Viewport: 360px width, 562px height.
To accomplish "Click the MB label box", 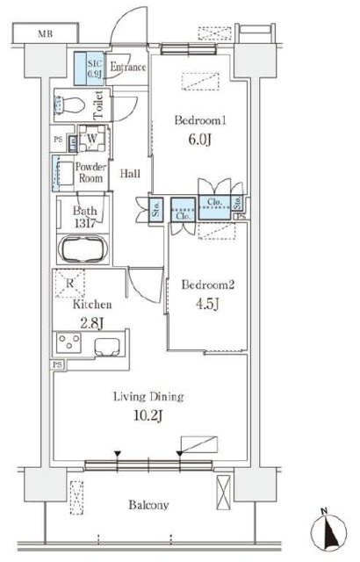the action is pos(46,33).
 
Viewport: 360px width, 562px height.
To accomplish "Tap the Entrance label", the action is pos(128,67).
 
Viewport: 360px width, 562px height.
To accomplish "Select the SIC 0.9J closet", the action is pos(90,68).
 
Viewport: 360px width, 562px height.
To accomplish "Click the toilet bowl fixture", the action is pos(69,105).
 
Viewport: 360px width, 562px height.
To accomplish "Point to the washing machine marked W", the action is pos(92,139).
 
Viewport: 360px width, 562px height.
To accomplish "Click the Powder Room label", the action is pos(90,172).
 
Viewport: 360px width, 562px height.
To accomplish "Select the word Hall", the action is pos(130,174).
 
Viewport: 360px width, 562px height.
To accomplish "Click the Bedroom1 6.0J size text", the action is pos(200,140).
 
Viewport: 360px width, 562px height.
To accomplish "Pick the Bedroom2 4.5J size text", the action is pos(207,304).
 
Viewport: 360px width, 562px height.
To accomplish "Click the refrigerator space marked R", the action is pos(69,283).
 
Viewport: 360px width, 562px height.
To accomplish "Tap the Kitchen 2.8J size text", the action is pos(91,323).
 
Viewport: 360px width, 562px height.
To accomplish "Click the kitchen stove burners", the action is pos(68,342).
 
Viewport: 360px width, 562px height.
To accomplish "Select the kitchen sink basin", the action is pos(107,346).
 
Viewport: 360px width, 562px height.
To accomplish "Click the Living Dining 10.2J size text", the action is pos(148,415).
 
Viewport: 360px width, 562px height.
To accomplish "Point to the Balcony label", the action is pos(148,505).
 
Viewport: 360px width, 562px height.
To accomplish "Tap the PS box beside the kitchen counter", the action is pos(57,365).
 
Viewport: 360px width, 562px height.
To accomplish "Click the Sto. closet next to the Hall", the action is pos(155,209).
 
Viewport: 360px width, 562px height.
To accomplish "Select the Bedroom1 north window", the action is pos(189,49).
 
